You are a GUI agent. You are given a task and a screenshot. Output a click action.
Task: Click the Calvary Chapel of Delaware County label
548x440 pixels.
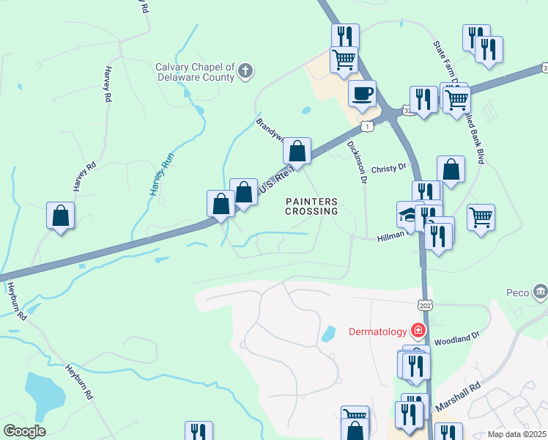(x=194, y=71)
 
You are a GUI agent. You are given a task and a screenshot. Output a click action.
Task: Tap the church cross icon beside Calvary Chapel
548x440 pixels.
(x=246, y=71)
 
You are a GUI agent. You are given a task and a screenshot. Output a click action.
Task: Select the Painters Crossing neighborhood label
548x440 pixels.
(x=311, y=206)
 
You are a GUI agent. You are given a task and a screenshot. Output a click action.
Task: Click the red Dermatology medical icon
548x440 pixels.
(x=418, y=331)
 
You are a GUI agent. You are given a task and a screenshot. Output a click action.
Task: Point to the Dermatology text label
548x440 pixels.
(x=377, y=331)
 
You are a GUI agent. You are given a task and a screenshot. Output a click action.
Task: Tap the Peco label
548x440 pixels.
(x=517, y=292)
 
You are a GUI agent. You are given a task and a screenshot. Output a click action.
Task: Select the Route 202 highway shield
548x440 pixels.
(x=424, y=305)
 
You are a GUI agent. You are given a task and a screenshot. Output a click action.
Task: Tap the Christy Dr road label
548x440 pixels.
(x=388, y=168)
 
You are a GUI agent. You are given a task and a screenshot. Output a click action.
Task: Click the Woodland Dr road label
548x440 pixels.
(x=456, y=339)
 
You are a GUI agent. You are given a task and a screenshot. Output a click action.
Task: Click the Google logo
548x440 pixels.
(x=24, y=431)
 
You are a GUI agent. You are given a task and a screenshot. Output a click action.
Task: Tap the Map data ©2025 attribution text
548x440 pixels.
(x=516, y=434)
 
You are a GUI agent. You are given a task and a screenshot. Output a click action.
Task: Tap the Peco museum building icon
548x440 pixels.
(x=541, y=291)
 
